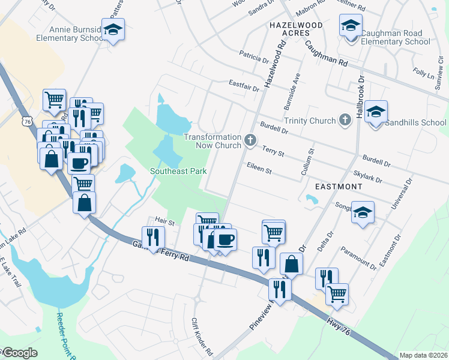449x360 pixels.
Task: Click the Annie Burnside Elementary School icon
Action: [112, 29]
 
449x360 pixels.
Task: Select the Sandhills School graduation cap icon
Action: [376, 112]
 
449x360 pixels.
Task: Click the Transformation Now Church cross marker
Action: [250, 141]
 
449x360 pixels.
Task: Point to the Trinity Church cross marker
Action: [345, 121]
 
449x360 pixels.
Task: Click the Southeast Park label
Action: [178, 171]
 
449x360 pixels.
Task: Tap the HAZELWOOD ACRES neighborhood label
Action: [296, 29]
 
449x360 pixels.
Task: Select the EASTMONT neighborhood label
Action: [333, 187]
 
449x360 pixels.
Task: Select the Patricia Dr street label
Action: [254, 59]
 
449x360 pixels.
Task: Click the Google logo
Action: [19, 353]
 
